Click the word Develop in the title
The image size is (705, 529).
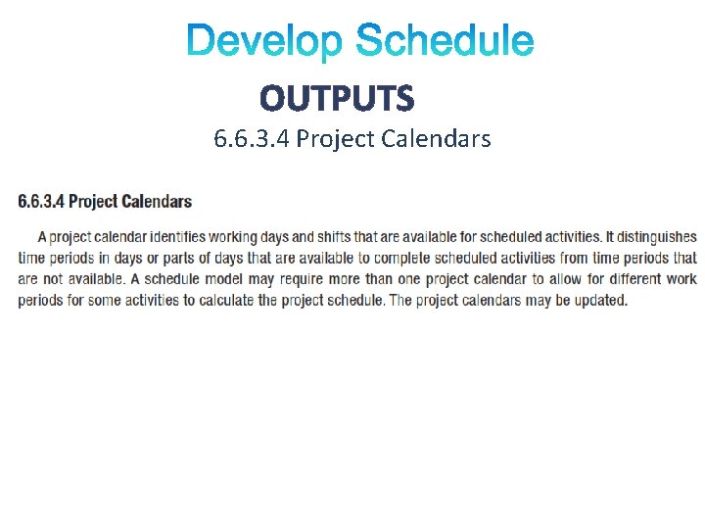click(x=265, y=41)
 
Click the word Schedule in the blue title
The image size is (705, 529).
click(x=445, y=41)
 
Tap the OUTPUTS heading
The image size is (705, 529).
click(x=337, y=98)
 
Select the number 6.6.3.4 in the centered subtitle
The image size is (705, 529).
click(x=252, y=139)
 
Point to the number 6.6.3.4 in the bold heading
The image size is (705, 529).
click(x=40, y=202)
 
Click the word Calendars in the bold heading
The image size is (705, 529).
click(x=158, y=202)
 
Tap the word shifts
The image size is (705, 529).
click(x=339, y=237)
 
